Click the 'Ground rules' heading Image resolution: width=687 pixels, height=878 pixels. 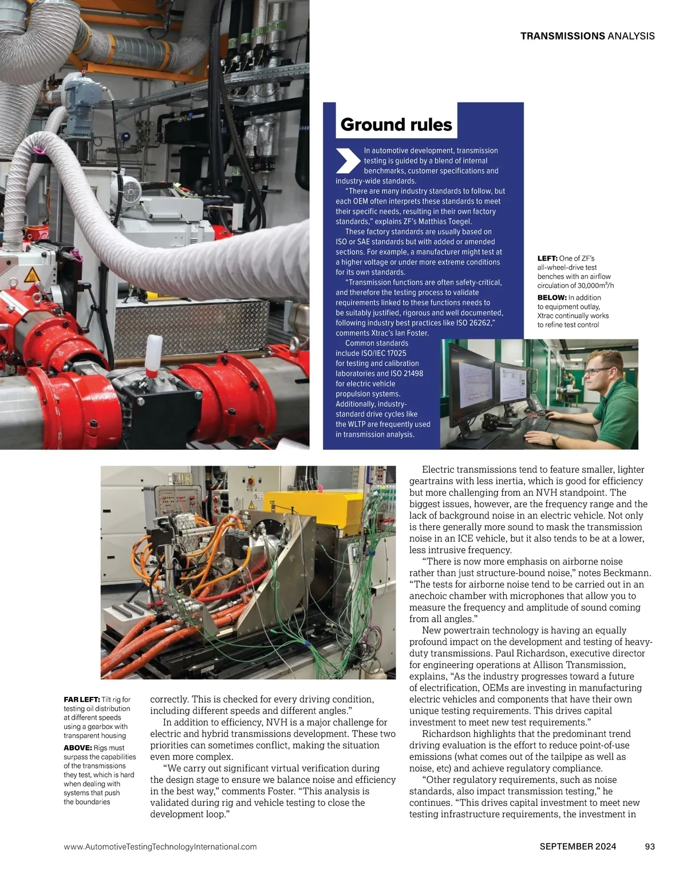click(396, 124)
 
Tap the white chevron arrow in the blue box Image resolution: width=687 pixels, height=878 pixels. click(348, 160)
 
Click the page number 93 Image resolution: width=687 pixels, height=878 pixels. click(649, 846)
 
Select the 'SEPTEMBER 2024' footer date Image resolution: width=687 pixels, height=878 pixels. click(578, 846)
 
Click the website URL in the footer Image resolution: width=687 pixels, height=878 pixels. click(160, 846)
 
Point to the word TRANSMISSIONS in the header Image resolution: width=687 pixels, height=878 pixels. click(562, 36)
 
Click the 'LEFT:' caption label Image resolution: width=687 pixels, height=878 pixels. click(547, 258)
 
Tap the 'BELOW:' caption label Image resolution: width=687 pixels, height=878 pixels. click(552, 297)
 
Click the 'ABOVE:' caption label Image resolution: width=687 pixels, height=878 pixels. click(78, 748)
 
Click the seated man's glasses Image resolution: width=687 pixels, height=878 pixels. click(597, 371)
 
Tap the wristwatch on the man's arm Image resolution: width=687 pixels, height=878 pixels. click(555, 439)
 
